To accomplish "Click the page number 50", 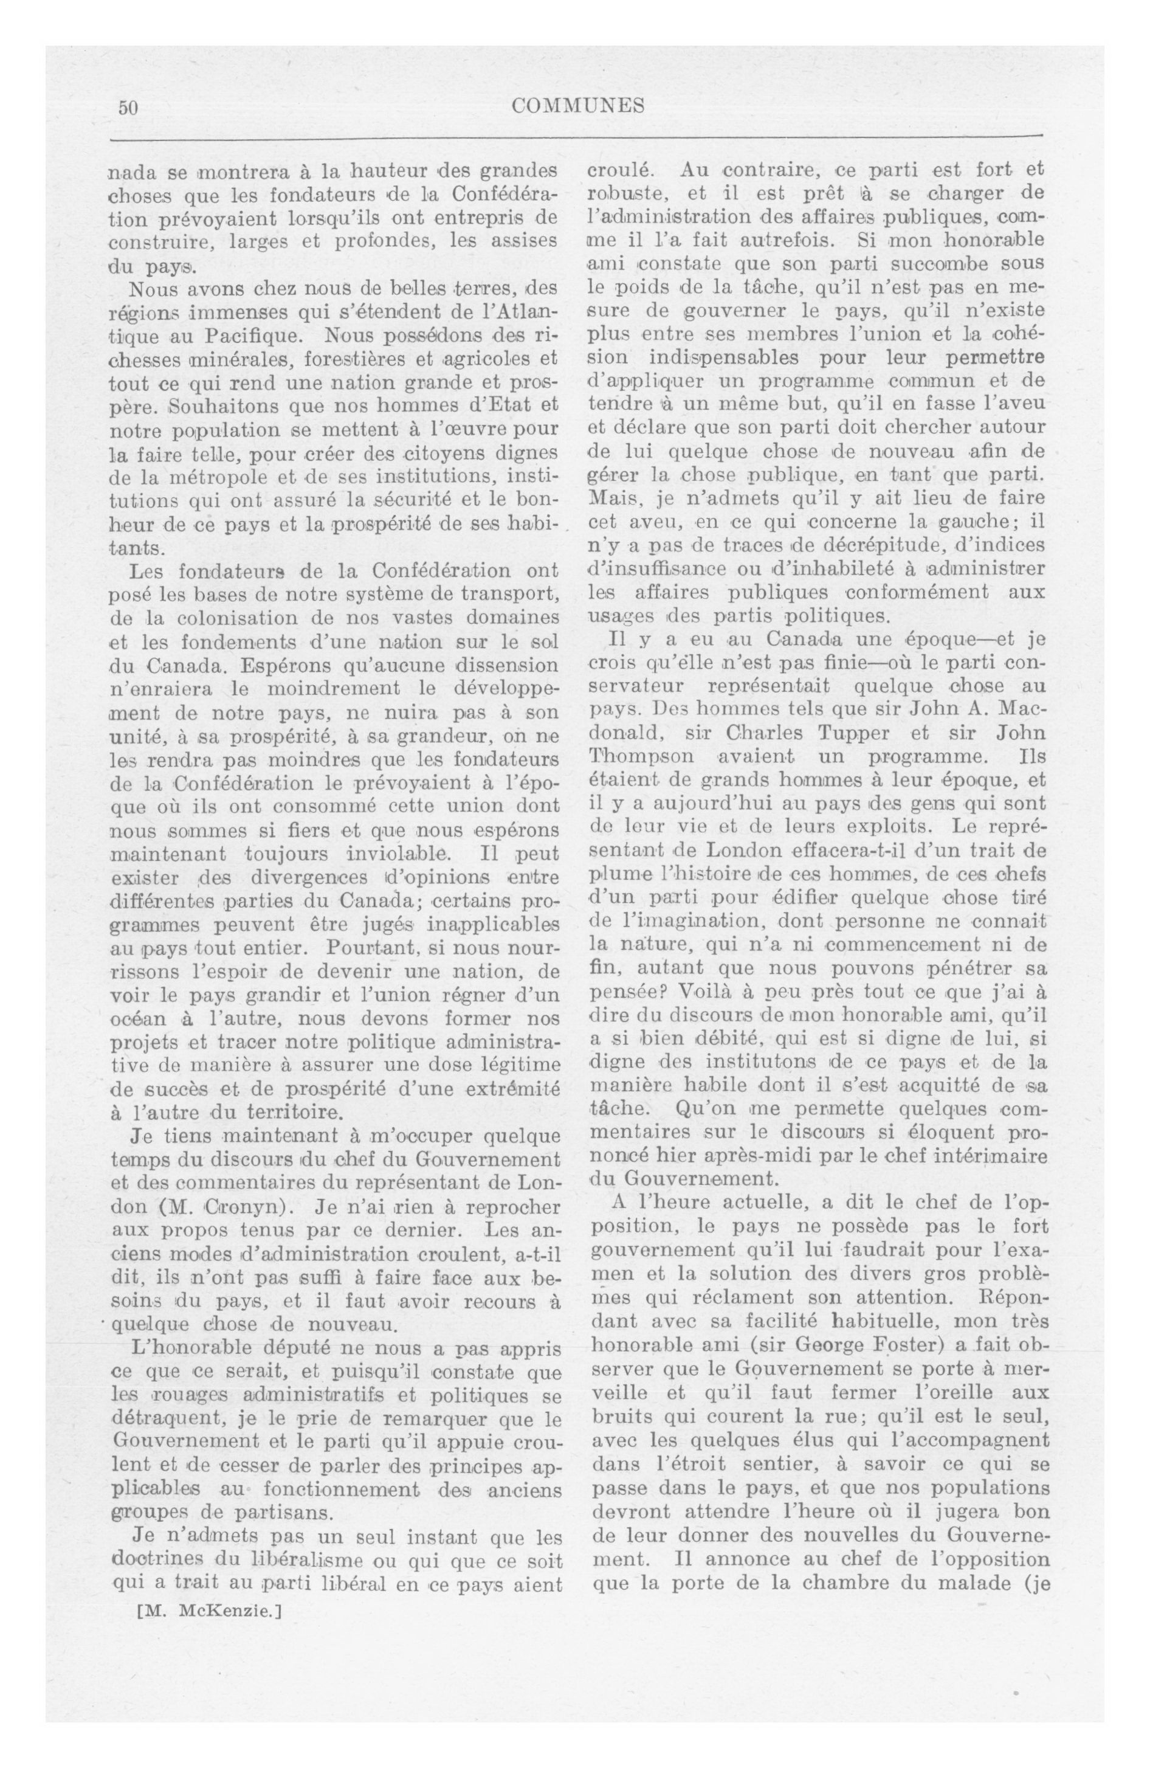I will [128, 107].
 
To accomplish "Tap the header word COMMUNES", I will [578, 106].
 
